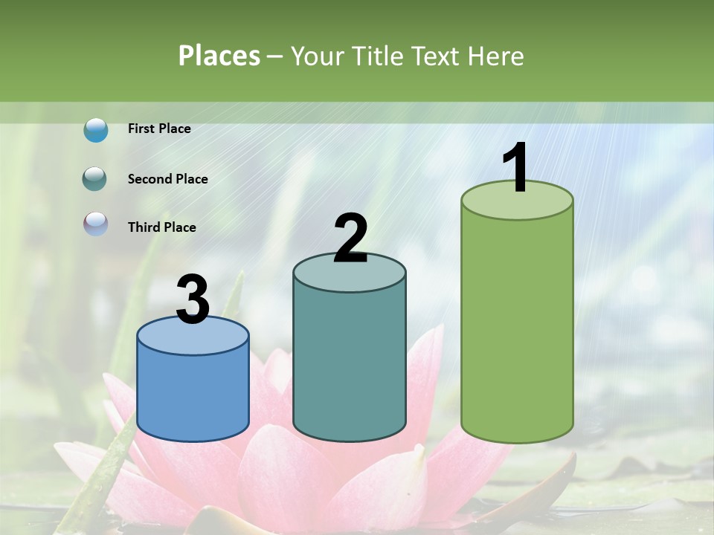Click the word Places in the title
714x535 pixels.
coord(219,56)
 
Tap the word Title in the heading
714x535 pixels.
coord(376,56)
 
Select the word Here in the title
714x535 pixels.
coord(497,56)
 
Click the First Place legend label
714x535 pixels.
coord(159,129)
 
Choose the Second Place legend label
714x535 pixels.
coord(167,179)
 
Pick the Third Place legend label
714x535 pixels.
coord(161,227)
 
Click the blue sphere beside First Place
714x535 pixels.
coord(96,130)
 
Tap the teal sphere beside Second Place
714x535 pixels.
coord(94,179)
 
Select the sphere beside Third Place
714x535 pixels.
coord(96,224)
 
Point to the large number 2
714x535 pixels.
coord(350,239)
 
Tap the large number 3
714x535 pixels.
coord(193,300)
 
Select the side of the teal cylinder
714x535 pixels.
coord(350,364)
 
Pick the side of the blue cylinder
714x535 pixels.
coord(193,394)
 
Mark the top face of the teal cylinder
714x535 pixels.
coord(350,275)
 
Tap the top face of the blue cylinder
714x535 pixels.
coord(193,338)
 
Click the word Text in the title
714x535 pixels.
coord(437,56)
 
